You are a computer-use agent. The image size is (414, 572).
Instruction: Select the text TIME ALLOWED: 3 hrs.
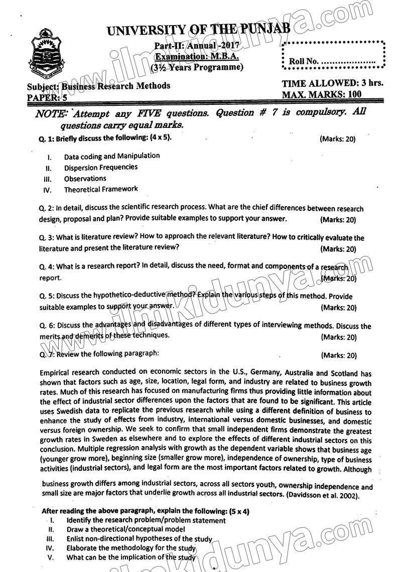coord(333,84)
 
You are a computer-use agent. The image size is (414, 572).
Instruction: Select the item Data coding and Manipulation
coord(112,156)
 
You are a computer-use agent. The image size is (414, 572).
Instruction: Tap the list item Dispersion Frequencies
coord(100,167)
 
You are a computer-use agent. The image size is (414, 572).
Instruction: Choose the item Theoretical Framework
coord(101,189)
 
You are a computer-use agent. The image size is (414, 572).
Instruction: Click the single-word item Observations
coord(85,178)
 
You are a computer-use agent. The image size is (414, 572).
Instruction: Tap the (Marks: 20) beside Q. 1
coord(338,139)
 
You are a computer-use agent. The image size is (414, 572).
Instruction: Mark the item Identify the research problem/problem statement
coord(146,520)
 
